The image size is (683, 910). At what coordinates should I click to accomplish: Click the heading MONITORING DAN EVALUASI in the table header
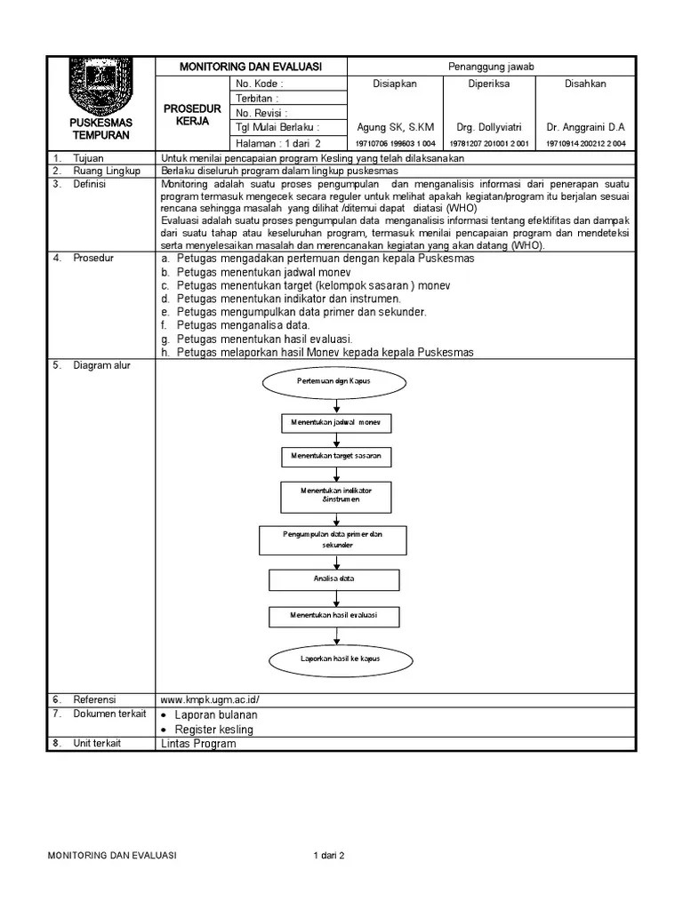(251, 68)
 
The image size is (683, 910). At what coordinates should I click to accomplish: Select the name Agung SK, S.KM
(395, 127)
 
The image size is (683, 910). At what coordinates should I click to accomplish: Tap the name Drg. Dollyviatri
(488, 127)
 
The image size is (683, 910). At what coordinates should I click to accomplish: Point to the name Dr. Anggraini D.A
(585, 127)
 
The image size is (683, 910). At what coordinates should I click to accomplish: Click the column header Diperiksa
(488, 84)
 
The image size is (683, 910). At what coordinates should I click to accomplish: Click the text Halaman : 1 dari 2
(277, 142)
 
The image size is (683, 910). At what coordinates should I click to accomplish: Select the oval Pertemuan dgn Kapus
(333, 381)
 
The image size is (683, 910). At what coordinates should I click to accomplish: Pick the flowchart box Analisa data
(334, 579)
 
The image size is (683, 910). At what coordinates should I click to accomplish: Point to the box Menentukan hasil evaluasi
(334, 615)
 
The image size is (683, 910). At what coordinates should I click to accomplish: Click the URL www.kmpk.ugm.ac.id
(210, 699)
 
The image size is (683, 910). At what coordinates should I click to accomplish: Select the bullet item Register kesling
(214, 730)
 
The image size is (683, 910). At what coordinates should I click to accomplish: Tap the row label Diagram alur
(101, 366)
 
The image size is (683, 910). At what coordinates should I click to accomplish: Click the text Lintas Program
(198, 744)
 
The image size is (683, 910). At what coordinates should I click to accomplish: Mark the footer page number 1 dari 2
(328, 856)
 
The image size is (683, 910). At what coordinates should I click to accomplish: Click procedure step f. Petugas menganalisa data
(235, 325)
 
